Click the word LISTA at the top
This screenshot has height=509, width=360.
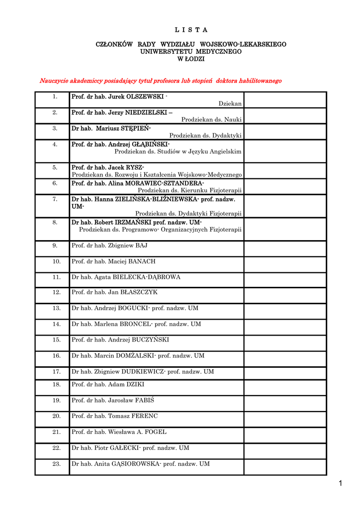click(191, 30)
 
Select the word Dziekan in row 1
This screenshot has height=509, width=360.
click(230, 104)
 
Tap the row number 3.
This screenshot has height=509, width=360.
click(55, 128)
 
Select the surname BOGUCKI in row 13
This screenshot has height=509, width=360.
click(133, 308)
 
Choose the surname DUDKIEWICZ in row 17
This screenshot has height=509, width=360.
click(143, 372)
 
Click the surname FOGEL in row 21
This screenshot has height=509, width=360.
click(156, 432)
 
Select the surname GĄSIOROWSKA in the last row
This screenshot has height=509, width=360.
click(138, 464)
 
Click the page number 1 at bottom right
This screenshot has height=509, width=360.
click(341, 484)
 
